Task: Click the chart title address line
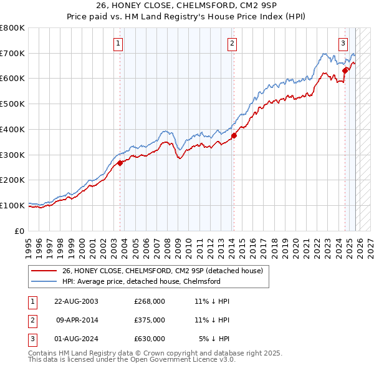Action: click(x=186, y=6)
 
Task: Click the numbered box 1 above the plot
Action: click(x=118, y=44)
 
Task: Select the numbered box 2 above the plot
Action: click(x=232, y=44)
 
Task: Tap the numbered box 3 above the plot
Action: click(x=343, y=44)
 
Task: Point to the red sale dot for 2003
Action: click(x=120, y=163)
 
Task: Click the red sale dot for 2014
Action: click(x=234, y=135)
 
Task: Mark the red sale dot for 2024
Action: click(x=345, y=70)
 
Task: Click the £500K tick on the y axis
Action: click(x=12, y=104)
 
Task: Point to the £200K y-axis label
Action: click(x=12, y=180)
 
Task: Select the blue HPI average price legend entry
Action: click(x=141, y=281)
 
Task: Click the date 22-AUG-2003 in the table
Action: click(x=76, y=301)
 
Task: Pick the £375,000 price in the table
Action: click(x=150, y=320)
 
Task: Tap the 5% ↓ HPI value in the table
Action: click(x=214, y=339)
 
